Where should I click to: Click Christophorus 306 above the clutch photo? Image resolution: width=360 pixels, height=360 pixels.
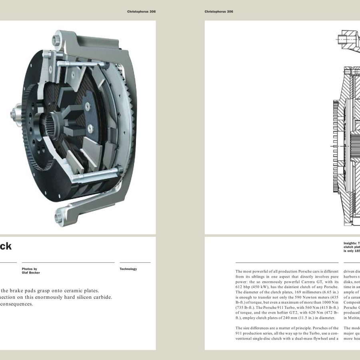click(x=141, y=12)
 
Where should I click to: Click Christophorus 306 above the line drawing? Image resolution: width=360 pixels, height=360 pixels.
click(x=219, y=12)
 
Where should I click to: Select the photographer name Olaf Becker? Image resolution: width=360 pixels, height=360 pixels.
click(x=31, y=273)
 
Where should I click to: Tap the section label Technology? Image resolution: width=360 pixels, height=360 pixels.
click(x=128, y=269)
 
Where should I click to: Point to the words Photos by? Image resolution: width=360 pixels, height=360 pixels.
click(x=30, y=269)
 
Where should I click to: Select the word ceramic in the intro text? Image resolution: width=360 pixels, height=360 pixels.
click(x=70, y=291)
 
